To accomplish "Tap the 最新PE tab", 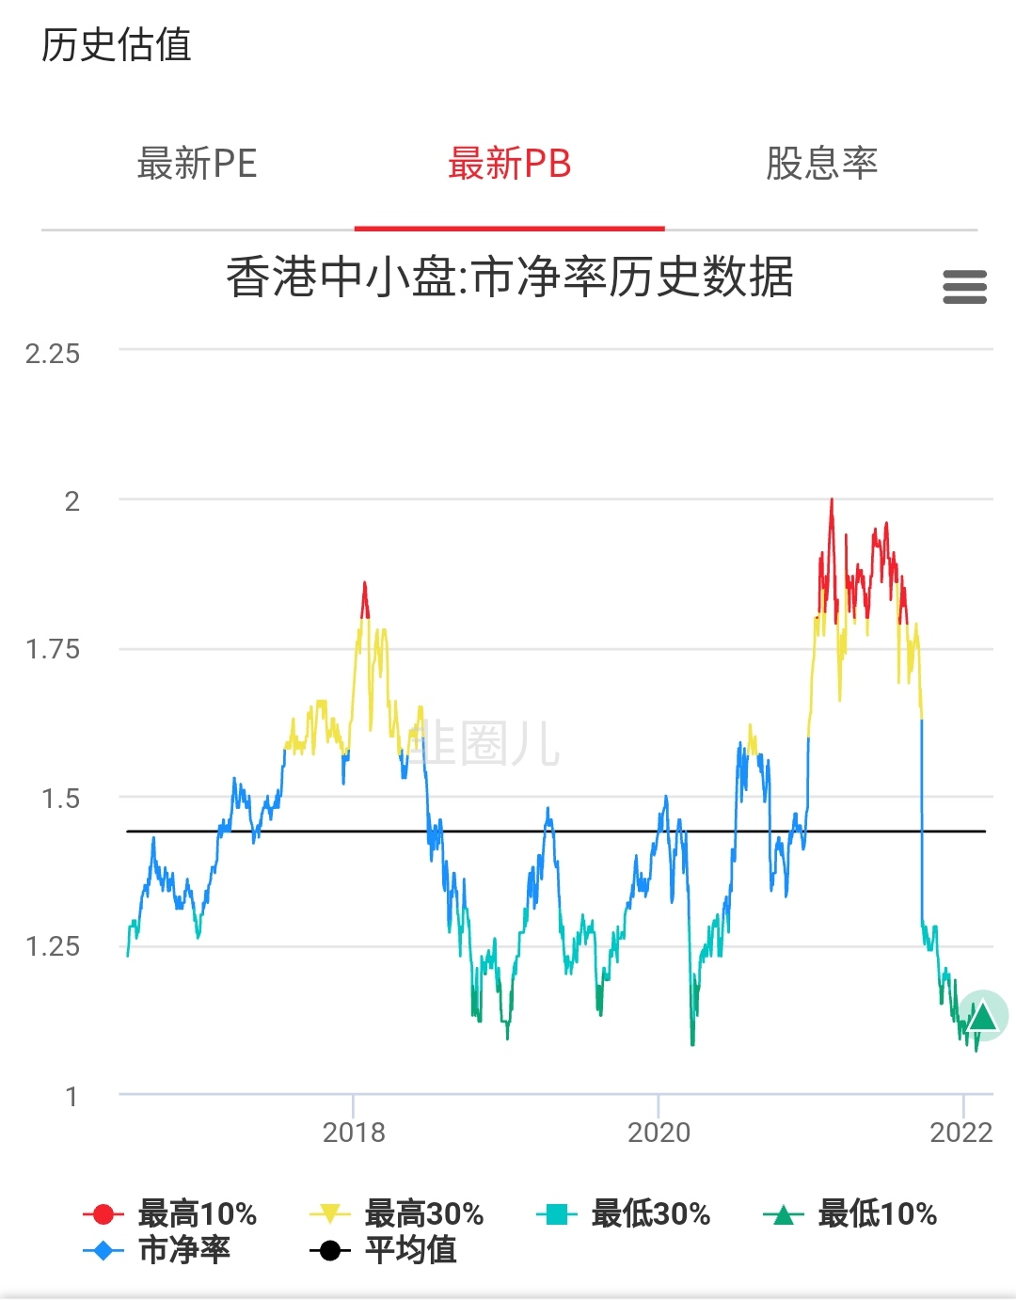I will tap(197, 164).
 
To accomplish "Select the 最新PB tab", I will tap(509, 164).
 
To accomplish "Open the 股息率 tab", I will tap(821, 164).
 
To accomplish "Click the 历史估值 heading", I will tap(117, 45).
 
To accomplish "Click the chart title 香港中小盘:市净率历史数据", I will tap(509, 277).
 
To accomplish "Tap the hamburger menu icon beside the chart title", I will tap(964, 287).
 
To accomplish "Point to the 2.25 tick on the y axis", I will tap(53, 354).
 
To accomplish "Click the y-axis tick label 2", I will tap(71, 501).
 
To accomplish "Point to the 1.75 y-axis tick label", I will tap(53, 649).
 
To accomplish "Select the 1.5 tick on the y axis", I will tap(60, 799).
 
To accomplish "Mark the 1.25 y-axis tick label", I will tap(53, 946).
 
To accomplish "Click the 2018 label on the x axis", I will tap(354, 1133).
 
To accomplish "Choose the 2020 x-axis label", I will tap(659, 1133).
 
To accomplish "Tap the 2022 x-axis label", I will tap(961, 1133).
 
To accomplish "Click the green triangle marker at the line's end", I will tap(983, 1017).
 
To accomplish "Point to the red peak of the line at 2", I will tap(832, 501).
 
